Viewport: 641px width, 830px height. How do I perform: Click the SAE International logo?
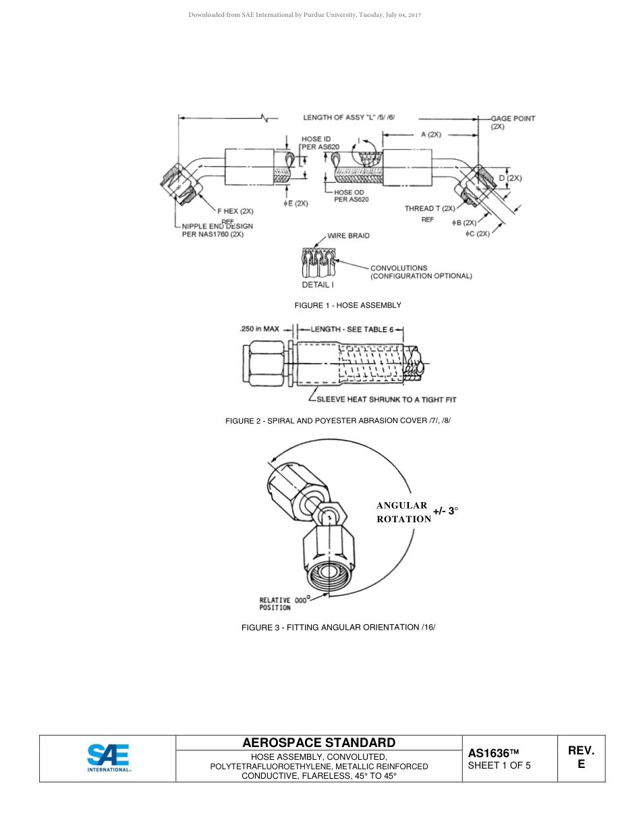pyautogui.click(x=108, y=758)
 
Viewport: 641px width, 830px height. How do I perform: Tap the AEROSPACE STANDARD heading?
pyautogui.click(x=318, y=742)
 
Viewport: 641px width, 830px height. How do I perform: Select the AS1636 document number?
pyautogui.click(x=493, y=753)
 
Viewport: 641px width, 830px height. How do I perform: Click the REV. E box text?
pyautogui.click(x=581, y=757)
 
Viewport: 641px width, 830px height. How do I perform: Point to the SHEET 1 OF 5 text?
pyautogui.click(x=499, y=766)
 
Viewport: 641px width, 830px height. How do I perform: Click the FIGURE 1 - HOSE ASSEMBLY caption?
pyautogui.click(x=347, y=306)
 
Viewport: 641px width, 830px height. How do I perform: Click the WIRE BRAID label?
pyautogui.click(x=348, y=236)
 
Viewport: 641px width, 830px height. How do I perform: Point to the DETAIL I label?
pyautogui.click(x=317, y=285)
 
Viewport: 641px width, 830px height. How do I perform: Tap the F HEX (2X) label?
pyautogui.click(x=234, y=211)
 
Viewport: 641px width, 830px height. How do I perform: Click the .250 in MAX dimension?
pyautogui.click(x=259, y=329)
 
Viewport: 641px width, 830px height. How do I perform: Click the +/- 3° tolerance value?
pyautogui.click(x=445, y=511)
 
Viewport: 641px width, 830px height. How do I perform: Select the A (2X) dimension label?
pyautogui.click(x=430, y=134)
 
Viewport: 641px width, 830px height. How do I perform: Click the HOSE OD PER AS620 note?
pyautogui.click(x=351, y=196)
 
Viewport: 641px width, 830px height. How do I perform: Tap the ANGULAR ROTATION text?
pyautogui.click(x=403, y=512)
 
